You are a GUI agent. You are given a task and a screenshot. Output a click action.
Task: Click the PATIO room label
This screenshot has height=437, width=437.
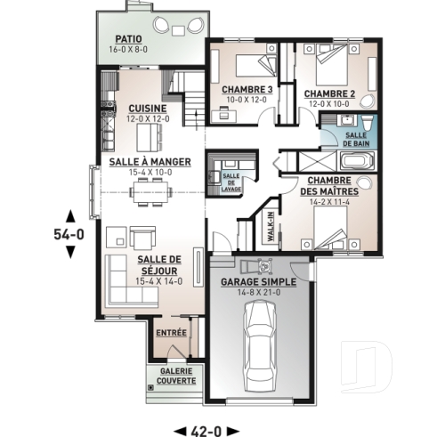pos(130,39)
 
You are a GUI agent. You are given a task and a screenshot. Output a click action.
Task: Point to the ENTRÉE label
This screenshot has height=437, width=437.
pos(171,332)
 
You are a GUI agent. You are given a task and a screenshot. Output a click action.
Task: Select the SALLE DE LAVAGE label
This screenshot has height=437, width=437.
pos(231,180)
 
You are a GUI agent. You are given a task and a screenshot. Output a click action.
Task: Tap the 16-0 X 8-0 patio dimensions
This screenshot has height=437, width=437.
pos(130,50)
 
